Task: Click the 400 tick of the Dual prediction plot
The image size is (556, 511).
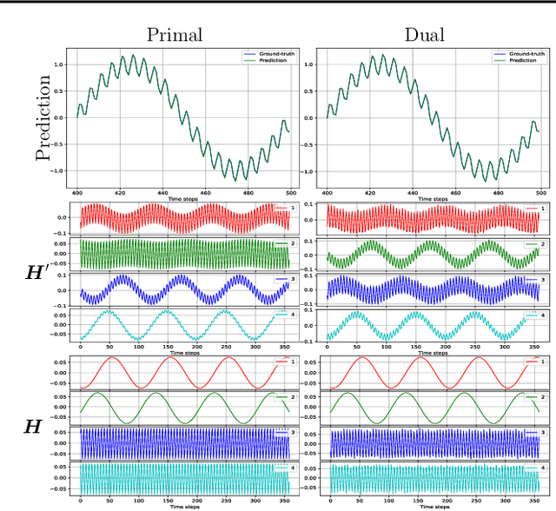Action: (327, 192)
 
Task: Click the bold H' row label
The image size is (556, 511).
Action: (37, 272)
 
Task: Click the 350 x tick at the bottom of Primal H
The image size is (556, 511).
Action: (281, 502)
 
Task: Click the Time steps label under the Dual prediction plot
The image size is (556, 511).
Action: (434, 199)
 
